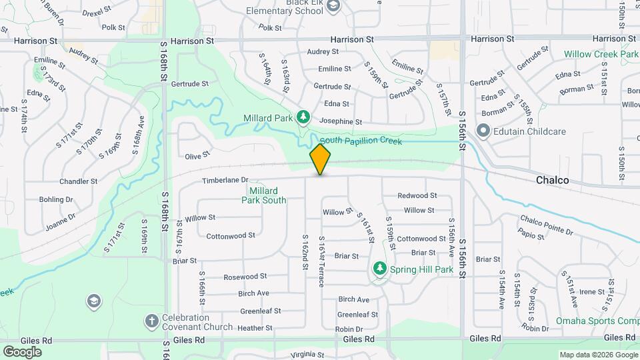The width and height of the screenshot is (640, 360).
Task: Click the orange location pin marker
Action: point(320,159)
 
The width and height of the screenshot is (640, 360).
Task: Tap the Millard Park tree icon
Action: point(303,117)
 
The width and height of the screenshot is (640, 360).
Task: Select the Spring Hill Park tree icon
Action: point(380,269)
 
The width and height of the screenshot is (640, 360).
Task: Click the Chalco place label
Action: point(553,181)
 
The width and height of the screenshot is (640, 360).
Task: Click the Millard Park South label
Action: point(263,195)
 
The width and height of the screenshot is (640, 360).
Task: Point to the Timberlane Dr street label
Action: point(225,180)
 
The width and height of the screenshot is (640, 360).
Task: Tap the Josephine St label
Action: point(340,122)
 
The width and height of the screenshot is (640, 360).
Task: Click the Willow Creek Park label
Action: point(601,54)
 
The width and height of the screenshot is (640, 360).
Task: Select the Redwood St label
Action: point(417,195)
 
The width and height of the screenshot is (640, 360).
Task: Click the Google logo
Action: point(22,351)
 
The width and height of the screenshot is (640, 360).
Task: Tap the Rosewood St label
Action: point(245,277)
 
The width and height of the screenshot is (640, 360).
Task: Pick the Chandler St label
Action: point(78,181)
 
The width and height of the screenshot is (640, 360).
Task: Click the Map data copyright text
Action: point(598,355)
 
